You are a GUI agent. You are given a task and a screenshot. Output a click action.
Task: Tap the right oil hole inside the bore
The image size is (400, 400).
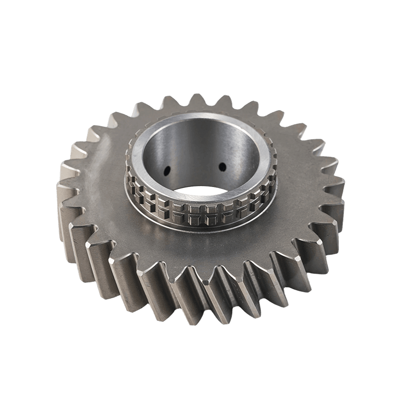click(x=222, y=166)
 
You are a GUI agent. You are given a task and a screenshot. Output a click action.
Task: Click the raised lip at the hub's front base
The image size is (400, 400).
click(x=200, y=229)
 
